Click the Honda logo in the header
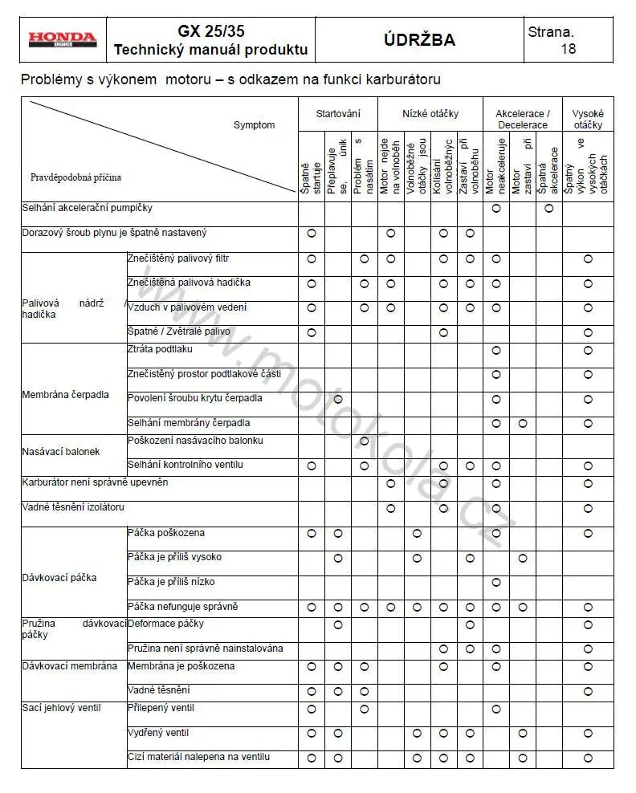[63, 39]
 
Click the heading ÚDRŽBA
[419, 40]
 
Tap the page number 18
[568, 49]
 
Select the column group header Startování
[338, 114]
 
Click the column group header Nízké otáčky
[430, 114]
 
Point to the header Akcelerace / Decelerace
[523, 120]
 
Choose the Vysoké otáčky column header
[588, 120]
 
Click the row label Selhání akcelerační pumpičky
[87, 208]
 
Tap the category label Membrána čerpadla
[65, 396]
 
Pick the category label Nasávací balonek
[61, 452]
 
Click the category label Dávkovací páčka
[59, 577]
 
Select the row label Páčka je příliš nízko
[171, 581]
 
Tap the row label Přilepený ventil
[161, 708]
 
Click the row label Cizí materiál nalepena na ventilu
[198, 757]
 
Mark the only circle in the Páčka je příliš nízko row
[496, 582]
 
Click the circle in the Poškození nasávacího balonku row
[365, 441]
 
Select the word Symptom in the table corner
[254, 125]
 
